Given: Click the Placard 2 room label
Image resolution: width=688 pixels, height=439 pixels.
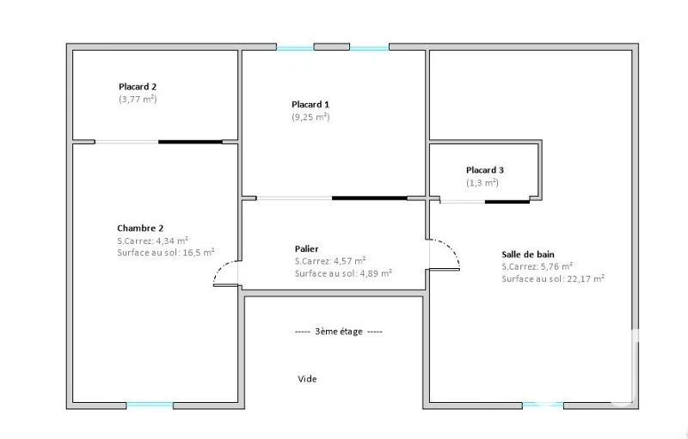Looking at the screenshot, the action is click(x=138, y=87).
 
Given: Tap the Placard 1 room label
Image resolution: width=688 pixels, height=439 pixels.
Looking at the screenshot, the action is click(x=310, y=104).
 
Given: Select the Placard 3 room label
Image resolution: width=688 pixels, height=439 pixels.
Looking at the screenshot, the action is click(x=485, y=170).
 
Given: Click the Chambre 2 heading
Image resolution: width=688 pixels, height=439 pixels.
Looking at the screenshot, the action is click(x=140, y=228).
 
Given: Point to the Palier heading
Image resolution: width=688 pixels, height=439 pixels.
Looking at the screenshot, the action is click(x=307, y=249).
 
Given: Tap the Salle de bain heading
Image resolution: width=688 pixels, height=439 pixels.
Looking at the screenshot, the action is click(x=528, y=254).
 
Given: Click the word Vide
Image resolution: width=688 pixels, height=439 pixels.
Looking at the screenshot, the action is click(x=307, y=379).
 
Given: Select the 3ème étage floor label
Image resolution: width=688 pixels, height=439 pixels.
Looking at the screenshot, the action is click(x=339, y=332).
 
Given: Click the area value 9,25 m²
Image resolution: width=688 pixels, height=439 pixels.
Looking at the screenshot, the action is click(x=310, y=117).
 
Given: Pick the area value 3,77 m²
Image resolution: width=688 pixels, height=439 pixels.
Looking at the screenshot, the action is click(x=138, y=99).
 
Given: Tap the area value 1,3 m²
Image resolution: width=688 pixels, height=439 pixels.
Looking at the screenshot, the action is click(x=482, y=183).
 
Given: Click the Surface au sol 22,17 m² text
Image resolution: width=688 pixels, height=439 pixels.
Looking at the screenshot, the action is click(x=553, y=278).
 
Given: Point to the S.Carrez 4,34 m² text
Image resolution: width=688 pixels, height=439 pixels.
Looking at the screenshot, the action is click(x=153, y=241).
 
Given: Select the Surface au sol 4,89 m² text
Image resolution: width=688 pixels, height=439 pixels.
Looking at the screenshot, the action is click(x=343, y=273).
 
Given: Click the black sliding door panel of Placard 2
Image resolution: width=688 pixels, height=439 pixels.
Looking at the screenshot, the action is click(x=190, y=142).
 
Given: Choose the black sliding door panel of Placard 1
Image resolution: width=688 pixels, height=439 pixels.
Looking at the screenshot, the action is click(x=370, y=198).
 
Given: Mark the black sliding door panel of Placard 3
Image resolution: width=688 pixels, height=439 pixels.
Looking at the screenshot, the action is click(x=507, y=202).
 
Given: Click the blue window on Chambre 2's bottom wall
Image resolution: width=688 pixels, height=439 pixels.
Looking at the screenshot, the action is click(x=150, y=405).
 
